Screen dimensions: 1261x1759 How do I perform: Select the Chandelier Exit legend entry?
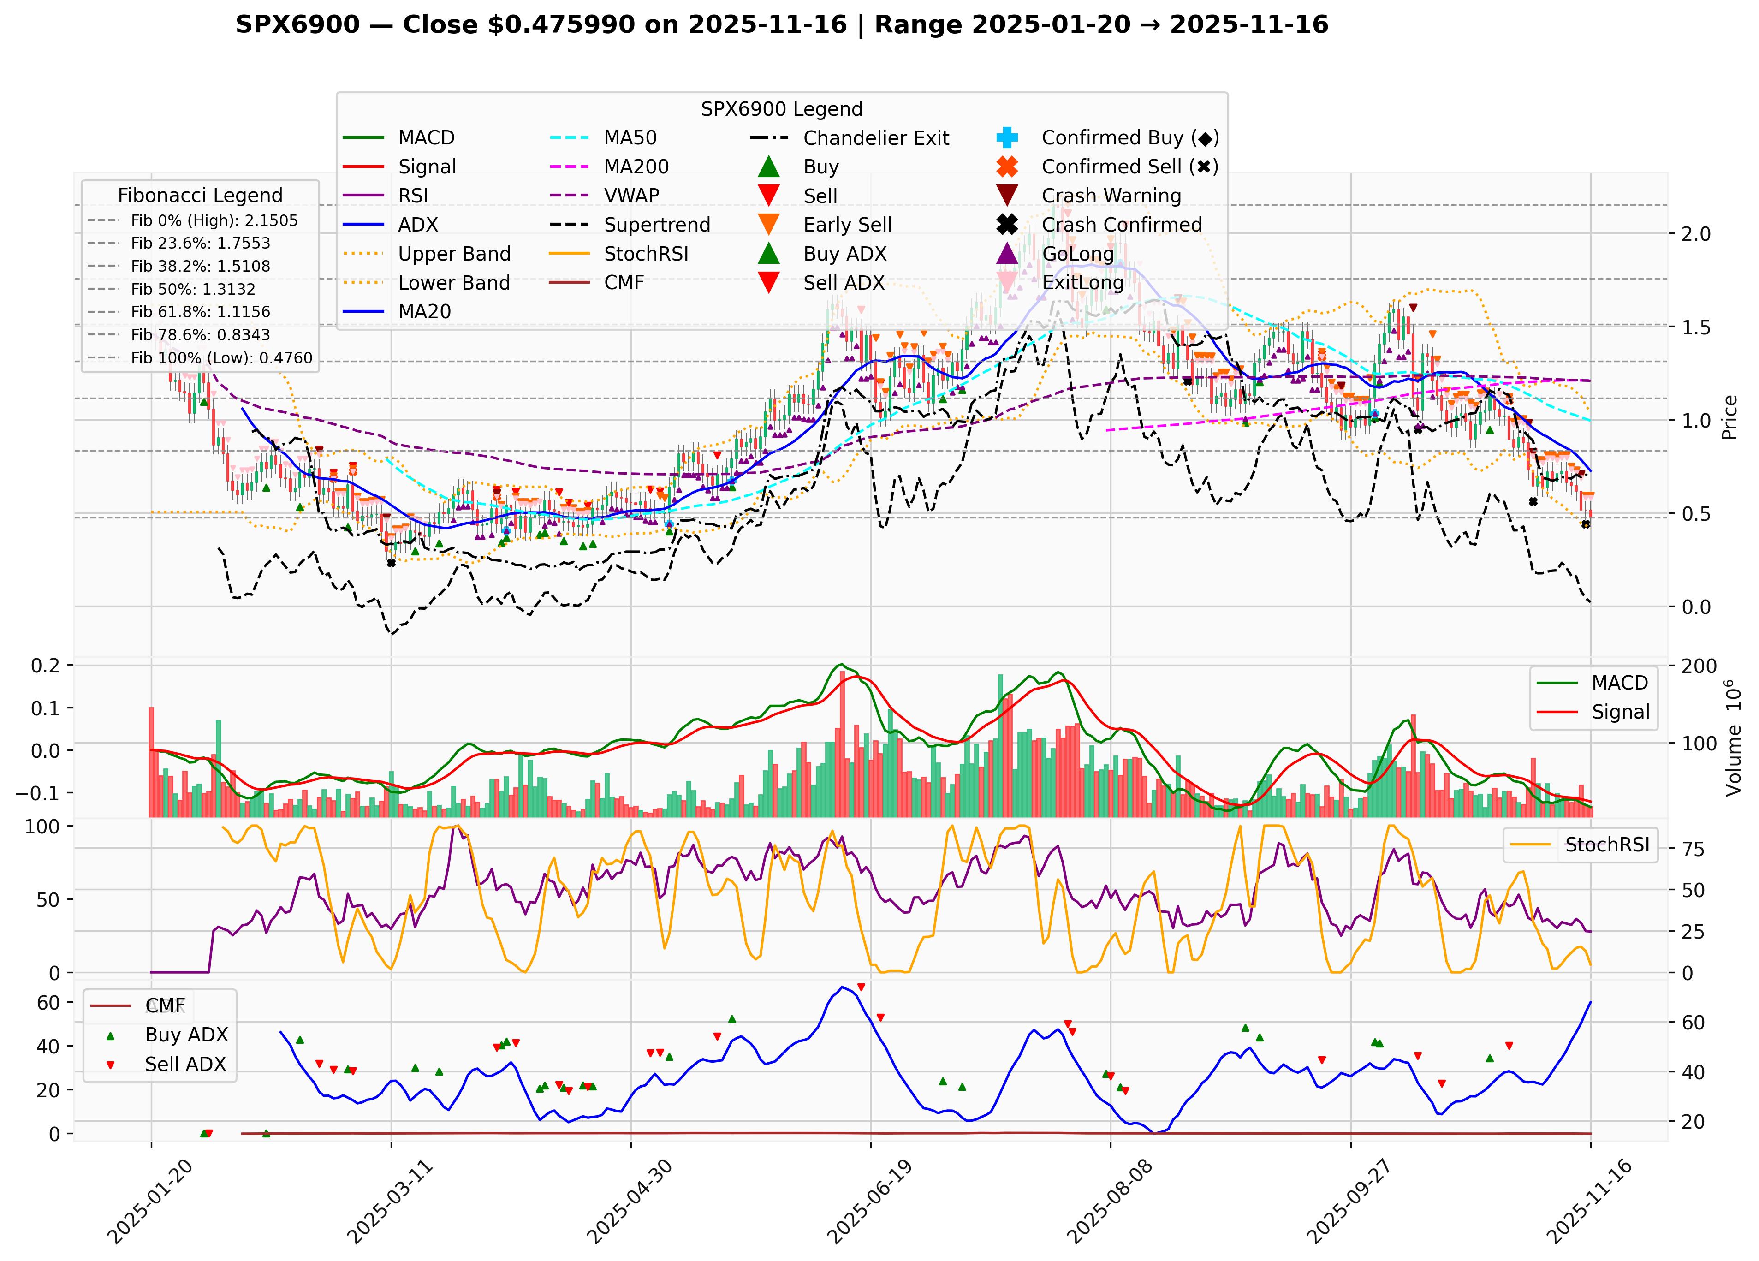tap(876, 138)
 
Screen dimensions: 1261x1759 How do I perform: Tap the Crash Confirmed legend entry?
tap(1121, 225)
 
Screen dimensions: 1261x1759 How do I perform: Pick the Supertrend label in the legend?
tap(657, 225)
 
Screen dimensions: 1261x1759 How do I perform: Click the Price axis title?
tap(1729, 417)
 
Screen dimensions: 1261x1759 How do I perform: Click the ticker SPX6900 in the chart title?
tap(298, 25)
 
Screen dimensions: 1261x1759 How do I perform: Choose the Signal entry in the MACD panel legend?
tap(1619, 712)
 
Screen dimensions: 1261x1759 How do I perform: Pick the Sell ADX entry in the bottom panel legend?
tap(184, 1064)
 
